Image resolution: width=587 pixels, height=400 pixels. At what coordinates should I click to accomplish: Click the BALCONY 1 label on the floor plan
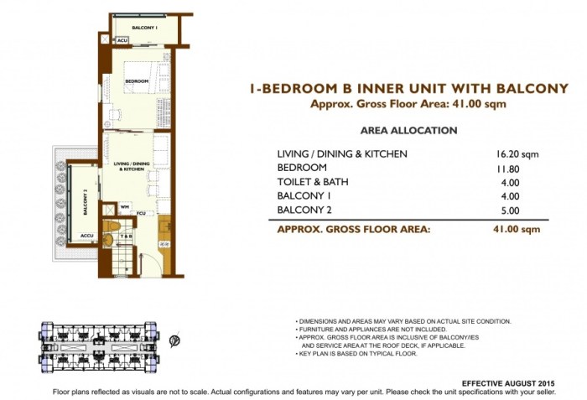pos(143,28)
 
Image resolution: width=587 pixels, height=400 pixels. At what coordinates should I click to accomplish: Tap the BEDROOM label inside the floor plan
pos(137,81)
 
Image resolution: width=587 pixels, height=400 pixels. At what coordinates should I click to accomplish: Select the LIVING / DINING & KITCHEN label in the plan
pos(130,168)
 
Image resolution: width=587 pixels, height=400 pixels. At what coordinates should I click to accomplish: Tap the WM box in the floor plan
pos(124,205)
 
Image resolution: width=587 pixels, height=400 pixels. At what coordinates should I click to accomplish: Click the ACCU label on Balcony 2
pos(86,236)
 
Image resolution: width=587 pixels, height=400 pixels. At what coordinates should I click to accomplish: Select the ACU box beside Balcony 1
pos(122,40)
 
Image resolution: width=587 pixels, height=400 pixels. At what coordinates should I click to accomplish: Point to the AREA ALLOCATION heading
pos(408,131)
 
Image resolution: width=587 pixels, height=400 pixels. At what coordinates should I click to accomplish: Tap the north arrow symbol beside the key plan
pos(173,341)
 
